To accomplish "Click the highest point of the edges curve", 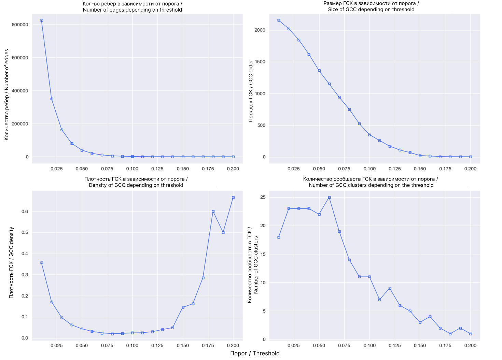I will point(42,20).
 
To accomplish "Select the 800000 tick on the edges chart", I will point(20,25).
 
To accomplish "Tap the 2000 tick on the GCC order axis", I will point(260,30).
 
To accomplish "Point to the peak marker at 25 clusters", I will point(329,198).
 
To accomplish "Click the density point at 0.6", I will point(213,212).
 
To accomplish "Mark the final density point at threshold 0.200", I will point(233,198).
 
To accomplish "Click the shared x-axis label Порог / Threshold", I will point(255,354).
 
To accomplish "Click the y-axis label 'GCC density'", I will point(12,263).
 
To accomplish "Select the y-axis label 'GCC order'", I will point(251,91).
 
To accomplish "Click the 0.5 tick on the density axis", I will point(25,233).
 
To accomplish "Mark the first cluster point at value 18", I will point(279,237).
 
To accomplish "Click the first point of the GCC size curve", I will point(279,20).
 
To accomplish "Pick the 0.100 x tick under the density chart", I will point(132,346).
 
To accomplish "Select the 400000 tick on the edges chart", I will point(20,91).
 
